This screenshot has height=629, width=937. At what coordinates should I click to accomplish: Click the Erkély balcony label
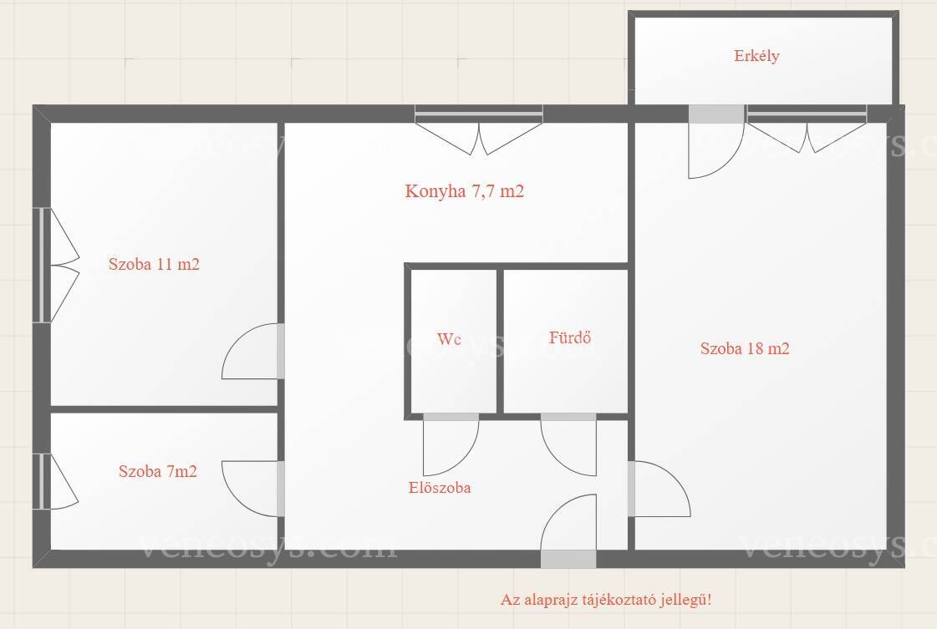pyautogui.click(x=756, y=56)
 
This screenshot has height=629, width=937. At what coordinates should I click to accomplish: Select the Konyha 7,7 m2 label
pyautogui.click(x=464, y=191)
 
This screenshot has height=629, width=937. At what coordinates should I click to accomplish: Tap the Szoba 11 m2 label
pyautogui.click(x=154, y=264)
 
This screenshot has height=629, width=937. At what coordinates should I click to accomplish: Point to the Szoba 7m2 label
pyautogui.click(x=158, y=471)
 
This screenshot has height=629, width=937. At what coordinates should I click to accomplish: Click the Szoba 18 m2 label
pyautogui.click(x=745, y=348)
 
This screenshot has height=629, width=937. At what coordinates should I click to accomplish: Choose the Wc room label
pyautogui.click(x=449, y=339)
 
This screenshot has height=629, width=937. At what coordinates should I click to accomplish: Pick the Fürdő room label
pyautogui.click(x=570, y=337)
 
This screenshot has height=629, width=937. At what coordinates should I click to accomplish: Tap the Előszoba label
pyautogui.click(x=440, y=488)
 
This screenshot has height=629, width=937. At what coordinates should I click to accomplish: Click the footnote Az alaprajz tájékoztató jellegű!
pyautogui.click(x=606, y=599)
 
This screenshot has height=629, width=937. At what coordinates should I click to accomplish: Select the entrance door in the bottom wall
pyautogui.click(x=568, y=531)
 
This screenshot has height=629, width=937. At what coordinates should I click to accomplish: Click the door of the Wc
pyautogui.click(x=451, y=444)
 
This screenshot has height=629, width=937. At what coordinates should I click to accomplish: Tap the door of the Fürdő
pyautogui.click(x=568, y=444)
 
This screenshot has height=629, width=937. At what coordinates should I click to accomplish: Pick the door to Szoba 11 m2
pyautogui.click(x=252, y=351)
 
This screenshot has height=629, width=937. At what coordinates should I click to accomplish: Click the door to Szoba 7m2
pyautogui.click(x=252, y=489)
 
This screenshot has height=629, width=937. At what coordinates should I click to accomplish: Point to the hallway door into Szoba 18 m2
pyautogui.click(x=659, y=489)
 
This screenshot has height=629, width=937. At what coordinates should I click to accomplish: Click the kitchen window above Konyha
pyautogui.click(x=479, y=129)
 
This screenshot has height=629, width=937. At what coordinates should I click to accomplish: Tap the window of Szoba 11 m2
pyautogui.click(x=56, y=266)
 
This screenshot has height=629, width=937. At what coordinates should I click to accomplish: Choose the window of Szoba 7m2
pyautogui.click(x=56, y=481)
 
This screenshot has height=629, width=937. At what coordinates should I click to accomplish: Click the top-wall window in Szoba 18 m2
pyautogui.click(x=807, y=129)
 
